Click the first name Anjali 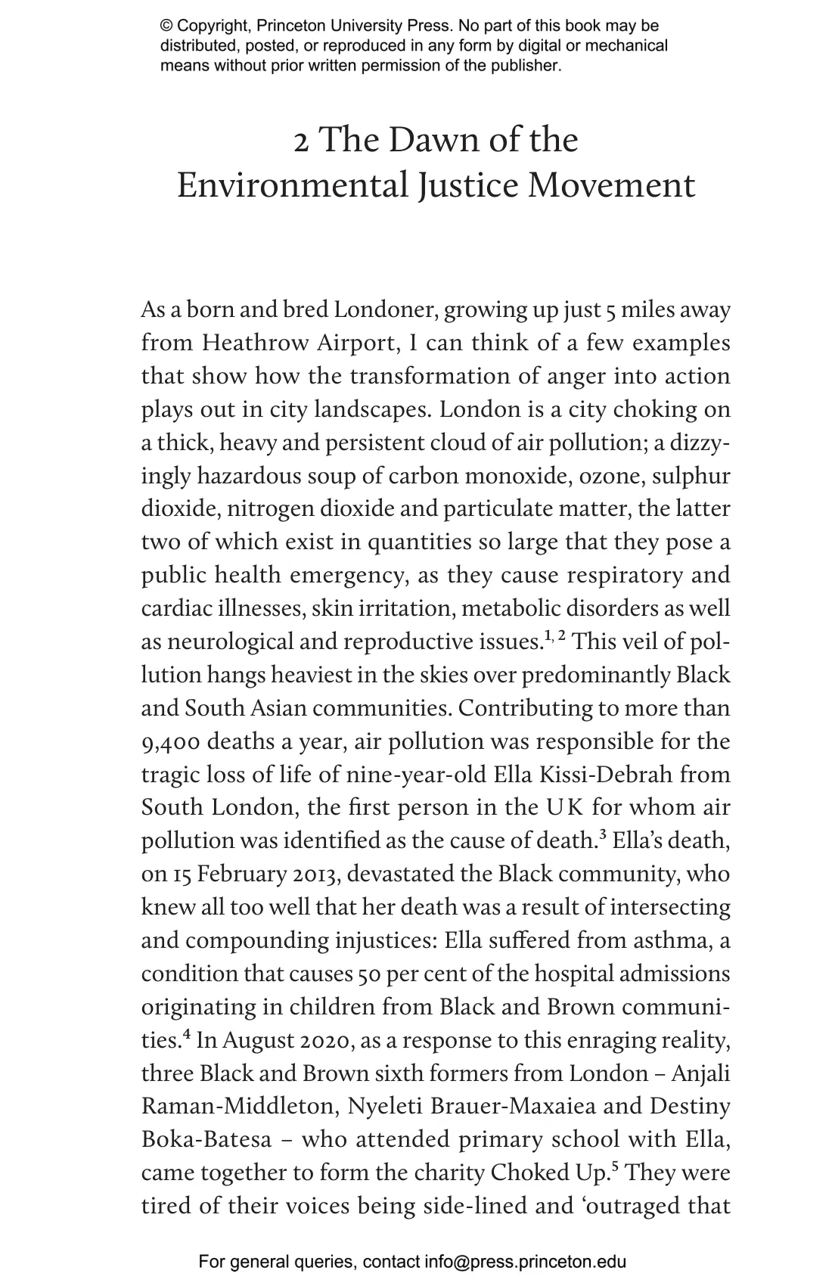click(x=701, y=1073)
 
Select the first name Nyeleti click(x=385, y=1106)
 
